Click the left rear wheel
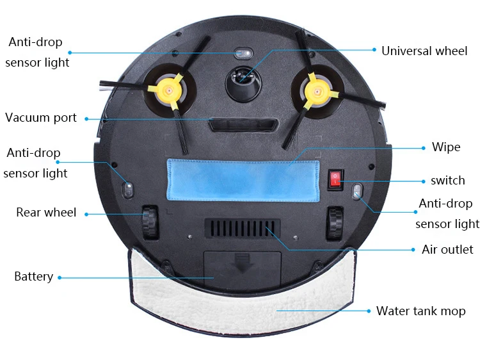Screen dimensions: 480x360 150,222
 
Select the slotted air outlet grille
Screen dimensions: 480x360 242,229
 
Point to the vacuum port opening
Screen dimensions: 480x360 241,124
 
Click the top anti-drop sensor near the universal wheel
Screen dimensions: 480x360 242,53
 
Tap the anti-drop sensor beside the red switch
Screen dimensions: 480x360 356,190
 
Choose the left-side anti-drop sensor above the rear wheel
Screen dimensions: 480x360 127,190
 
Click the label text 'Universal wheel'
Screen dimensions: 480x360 424,51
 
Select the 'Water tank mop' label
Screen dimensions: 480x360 420,311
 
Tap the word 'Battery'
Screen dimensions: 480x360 33,277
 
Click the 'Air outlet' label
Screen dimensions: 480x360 447,249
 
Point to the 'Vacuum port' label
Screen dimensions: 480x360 41,118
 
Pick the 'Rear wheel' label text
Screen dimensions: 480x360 46,213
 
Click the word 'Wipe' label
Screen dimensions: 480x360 446,147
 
